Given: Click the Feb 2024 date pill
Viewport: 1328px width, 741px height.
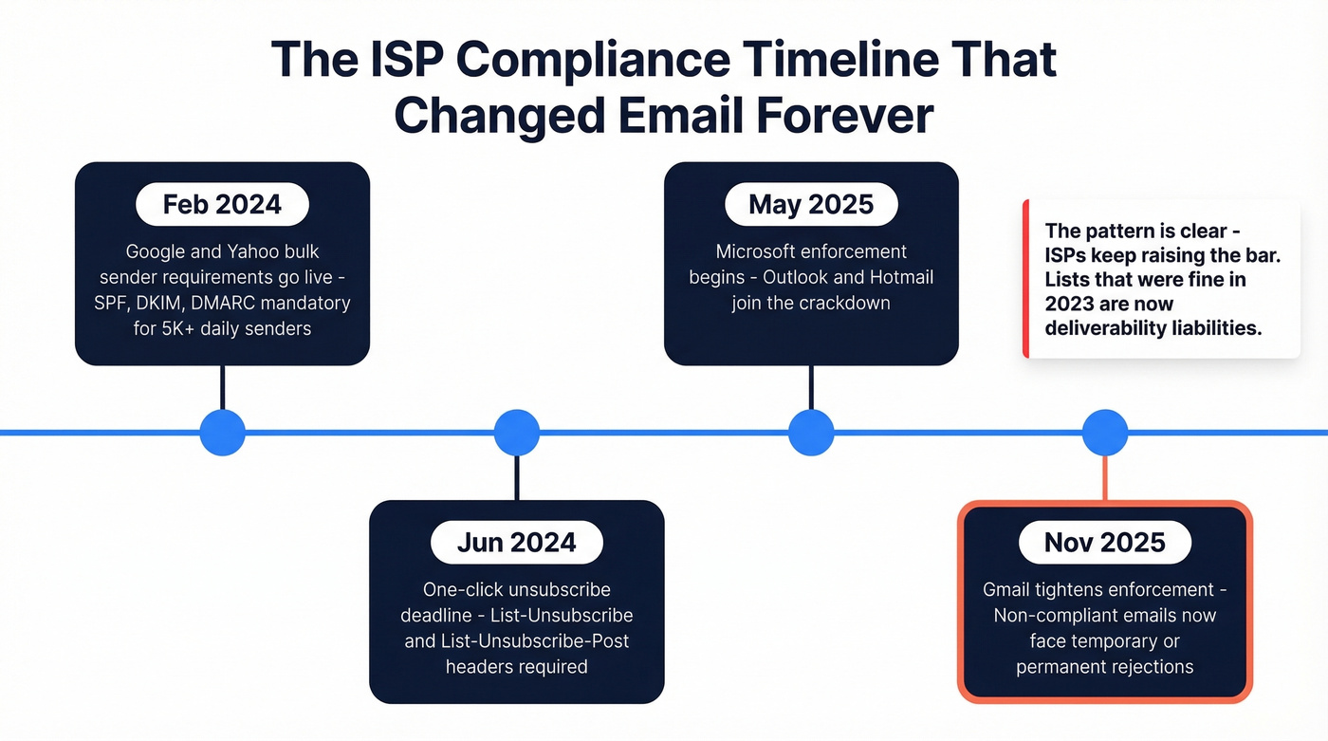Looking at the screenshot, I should click(x=222, y=204).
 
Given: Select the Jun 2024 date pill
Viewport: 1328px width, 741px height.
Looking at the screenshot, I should click(x=516, y=542).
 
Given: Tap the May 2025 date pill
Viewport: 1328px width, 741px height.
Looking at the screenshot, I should click(x=811, y=204).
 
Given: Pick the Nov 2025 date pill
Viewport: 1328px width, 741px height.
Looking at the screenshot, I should click(x=1105, y=542).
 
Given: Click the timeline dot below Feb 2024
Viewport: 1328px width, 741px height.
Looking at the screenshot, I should click(x=223, y=433).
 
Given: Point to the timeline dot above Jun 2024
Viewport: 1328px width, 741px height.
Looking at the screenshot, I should click(x=517, y=433).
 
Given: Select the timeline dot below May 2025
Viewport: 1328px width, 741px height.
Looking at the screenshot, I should click(x=811, y=433).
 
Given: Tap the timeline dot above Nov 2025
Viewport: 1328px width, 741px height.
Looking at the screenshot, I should click(x=1105, y=433).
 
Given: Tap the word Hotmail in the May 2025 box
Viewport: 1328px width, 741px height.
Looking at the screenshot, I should click(x=895, y=278).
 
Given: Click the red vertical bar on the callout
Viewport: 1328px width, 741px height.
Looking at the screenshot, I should click(x=1025, y=279).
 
